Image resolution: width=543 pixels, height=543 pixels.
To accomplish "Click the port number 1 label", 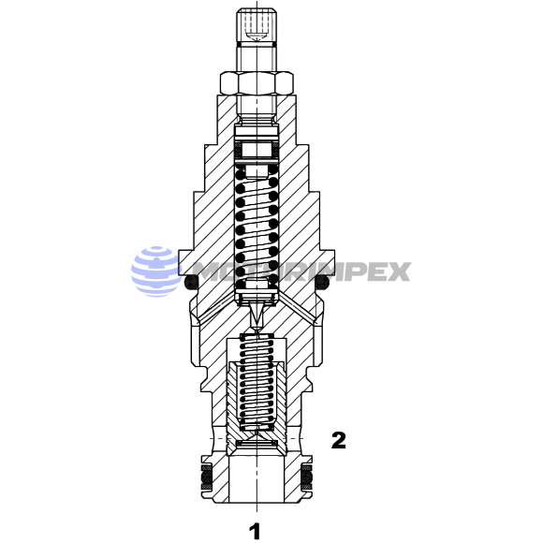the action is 255,531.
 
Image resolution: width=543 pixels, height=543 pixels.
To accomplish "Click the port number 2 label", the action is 338,440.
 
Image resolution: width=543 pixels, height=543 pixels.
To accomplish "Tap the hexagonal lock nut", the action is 257,83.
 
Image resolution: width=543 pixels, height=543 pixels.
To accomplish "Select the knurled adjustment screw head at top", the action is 257,27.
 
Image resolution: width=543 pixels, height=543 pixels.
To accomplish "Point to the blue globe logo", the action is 156,271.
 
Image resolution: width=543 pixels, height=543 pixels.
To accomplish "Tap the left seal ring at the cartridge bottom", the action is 207,477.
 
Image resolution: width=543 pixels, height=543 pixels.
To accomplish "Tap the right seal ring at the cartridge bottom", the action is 306,477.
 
